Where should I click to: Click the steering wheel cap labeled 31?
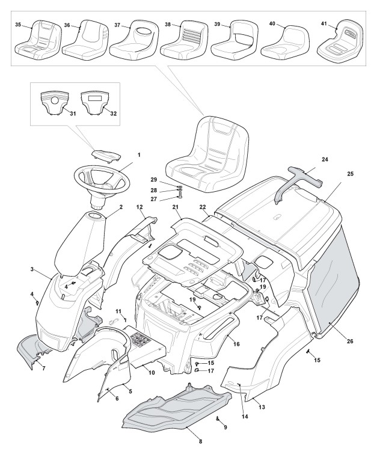tap(55, 102)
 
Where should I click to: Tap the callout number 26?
tap(350, 342)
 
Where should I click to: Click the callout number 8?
tap(200, 442)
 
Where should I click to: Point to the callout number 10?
tap(152, 373)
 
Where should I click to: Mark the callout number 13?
tap(262, 407)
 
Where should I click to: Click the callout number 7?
tap(43, 367)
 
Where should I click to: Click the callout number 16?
tap(236, 344)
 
